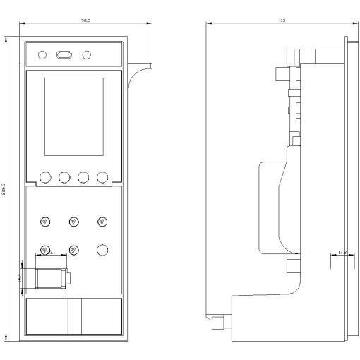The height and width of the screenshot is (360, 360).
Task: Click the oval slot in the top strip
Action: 64,54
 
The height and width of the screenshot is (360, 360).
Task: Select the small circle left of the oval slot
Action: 42,54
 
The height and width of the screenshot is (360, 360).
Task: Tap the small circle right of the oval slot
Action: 87,54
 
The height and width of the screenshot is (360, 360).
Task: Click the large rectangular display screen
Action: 74,116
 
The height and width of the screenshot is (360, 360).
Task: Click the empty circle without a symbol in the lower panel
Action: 102,249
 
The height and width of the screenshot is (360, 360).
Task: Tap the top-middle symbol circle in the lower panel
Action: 74,222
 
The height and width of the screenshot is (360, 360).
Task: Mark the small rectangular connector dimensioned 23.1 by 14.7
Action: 52,277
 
